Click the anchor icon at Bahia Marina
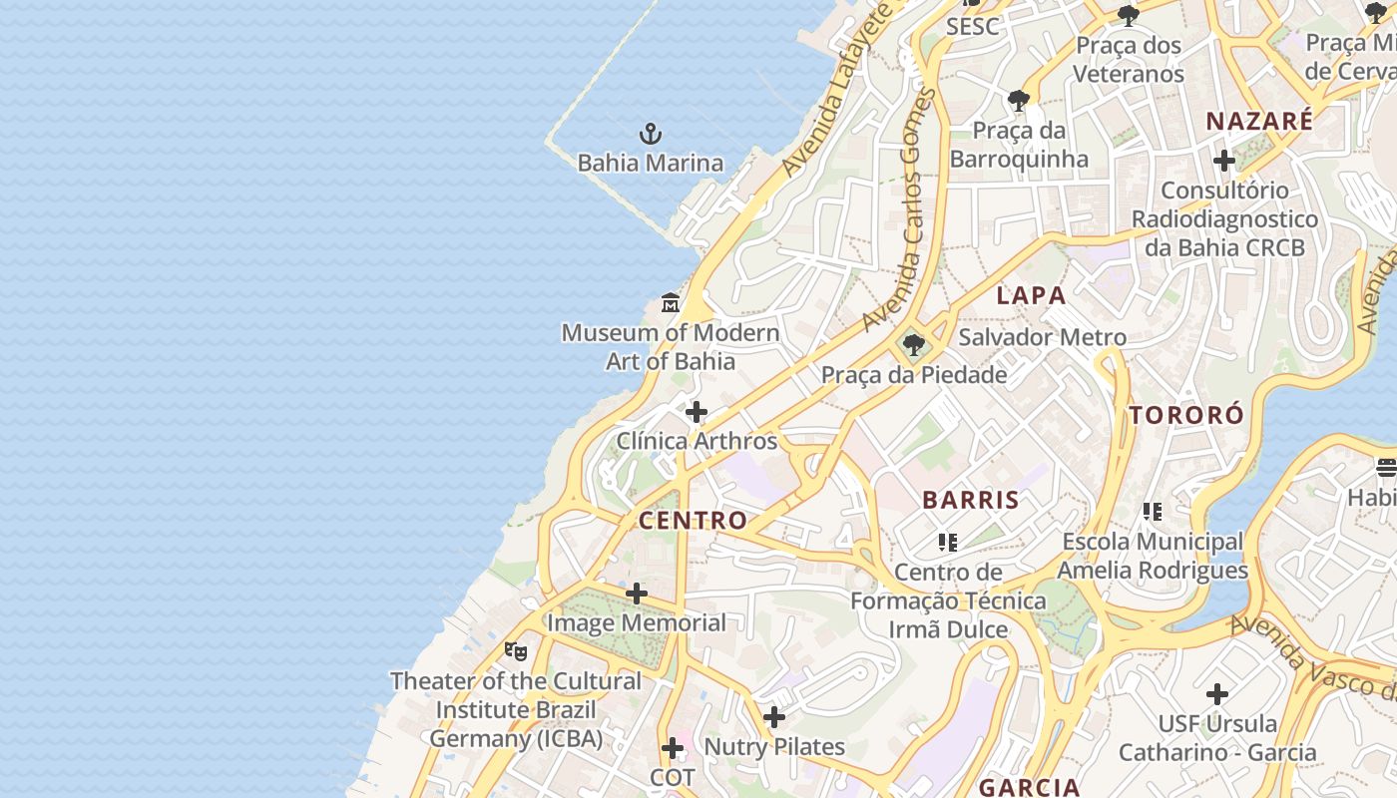point(651,133)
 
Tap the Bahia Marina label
point(651,163)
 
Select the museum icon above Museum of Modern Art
point(671,302)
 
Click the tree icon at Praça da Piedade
point(913,346)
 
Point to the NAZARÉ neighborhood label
point(1259,122)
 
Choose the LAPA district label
point(1031,295)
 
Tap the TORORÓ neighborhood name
point(1186,415)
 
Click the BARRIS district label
point(971,500)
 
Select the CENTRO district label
point(693,520)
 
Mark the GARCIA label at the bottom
point(1029,786)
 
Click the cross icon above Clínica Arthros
point(697,411)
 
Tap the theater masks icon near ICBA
point(515,651)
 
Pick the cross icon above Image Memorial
point(636,594)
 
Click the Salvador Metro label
point(1042,337)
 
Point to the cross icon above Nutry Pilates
point(774,716)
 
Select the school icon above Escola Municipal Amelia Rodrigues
point(1153,512)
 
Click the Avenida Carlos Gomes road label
point(901,209)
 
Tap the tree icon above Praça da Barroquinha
point(1019,101)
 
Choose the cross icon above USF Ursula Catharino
point(1216,693)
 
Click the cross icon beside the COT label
point(673,748)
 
